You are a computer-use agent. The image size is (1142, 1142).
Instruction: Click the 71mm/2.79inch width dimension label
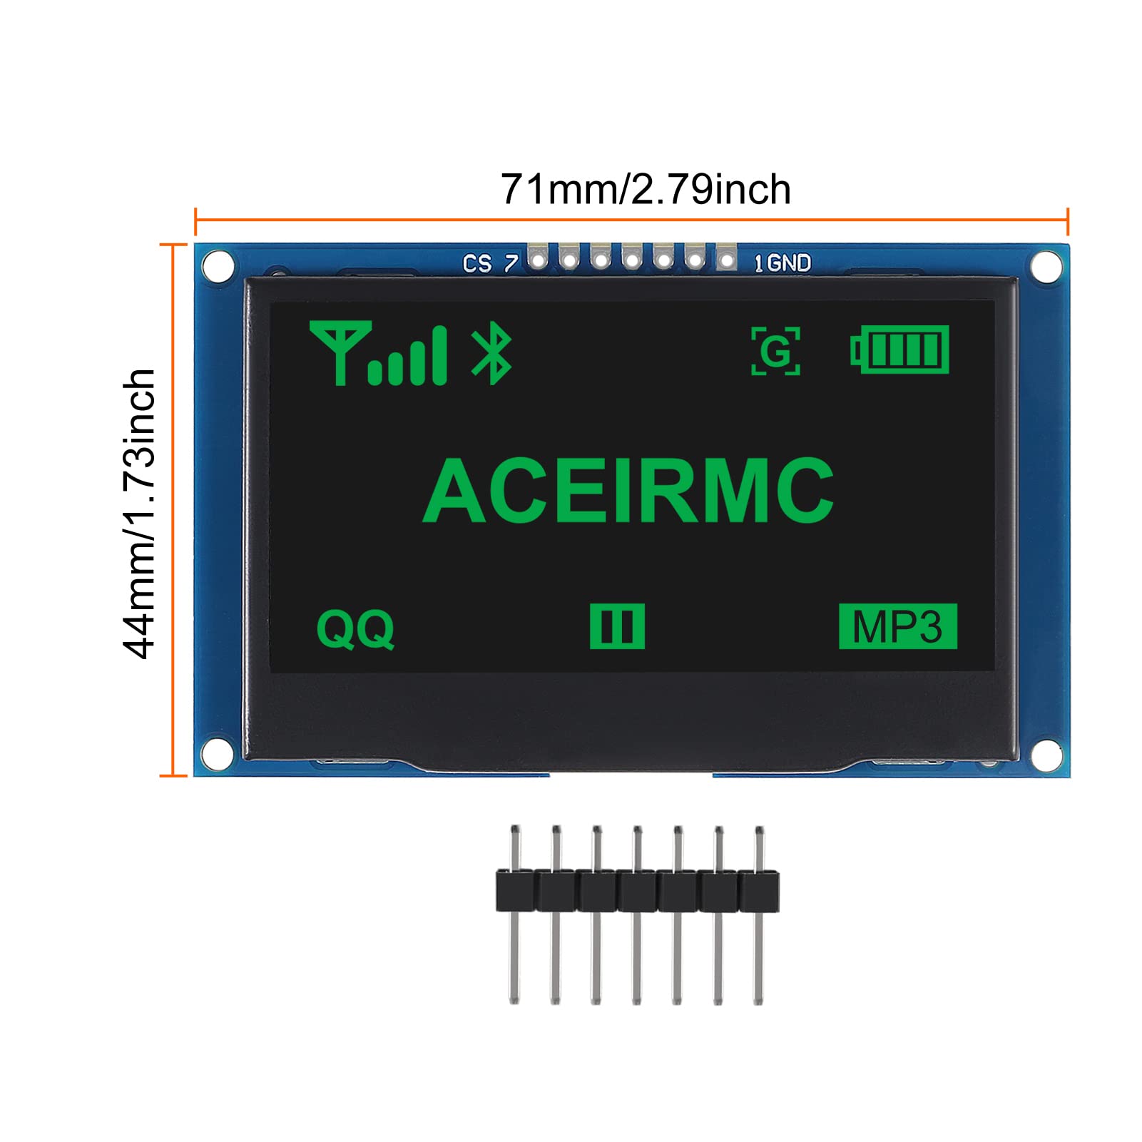pyautogui.click(x=646, y=190)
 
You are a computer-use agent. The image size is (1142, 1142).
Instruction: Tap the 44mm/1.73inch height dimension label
pyautogui.click(x=140, y=514)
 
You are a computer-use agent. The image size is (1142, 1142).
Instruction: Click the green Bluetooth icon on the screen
pyautogui.click(x=491, y=354)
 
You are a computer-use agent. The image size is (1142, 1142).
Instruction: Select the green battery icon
pyautogui.click(x=900, y=350)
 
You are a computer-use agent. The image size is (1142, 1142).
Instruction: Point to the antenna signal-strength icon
pyautogui.click(x=378, y=354)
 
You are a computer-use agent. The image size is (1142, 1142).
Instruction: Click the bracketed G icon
pyautogui.click(x=775, y=351)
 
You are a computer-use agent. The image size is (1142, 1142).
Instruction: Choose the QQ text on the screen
pyautogui.click(x=355, y=628)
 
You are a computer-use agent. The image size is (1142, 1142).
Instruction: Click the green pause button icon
pyautogui.click(x=617, y=626)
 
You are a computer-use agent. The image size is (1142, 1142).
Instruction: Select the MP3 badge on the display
pyautogui.click(x=897, y=626)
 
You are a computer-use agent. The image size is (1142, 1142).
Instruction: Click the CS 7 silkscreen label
pyautogui.click(x=490, y=264)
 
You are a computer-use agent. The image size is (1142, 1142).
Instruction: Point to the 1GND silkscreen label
pyautogui.click(x=782, y=263)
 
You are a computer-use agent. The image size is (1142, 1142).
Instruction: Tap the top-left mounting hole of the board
pyautogui.click(x=218, y=266)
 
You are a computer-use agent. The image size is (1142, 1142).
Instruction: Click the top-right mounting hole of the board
pyautogui.click(x=1046, y=266)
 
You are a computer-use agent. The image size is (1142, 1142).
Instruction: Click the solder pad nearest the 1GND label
pyautogui.click(x=726, y=259)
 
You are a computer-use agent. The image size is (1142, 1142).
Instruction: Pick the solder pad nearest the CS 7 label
pyautogui.click(x=538, y=259)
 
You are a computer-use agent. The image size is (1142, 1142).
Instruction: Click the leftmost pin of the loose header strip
pyautogui.click(x=514, y=913)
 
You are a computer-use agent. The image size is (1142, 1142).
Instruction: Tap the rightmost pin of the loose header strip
pyautogui.click(x=759, y=913)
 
